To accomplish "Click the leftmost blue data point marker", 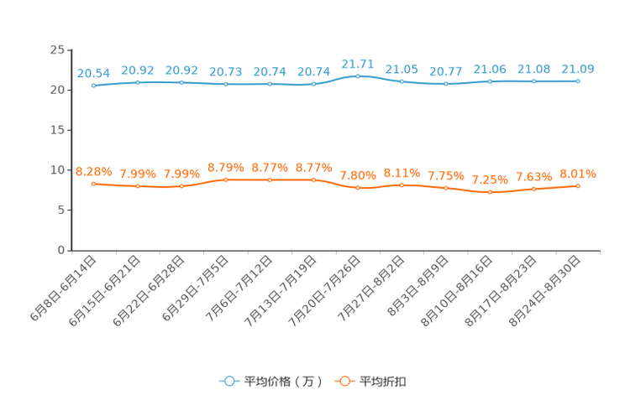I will tap(93, 85).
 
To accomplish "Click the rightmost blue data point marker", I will tap(578, 81).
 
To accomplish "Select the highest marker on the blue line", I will tap(358, 75).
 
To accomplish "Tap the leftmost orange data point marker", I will tap(93, 183).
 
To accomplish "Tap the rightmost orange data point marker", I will tap(578, 185).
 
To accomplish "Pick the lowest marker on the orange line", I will tap(490, 192).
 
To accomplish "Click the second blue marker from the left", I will tap(137, 81).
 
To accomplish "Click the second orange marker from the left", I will tap(137, 185).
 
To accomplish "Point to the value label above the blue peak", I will tap(358, 63).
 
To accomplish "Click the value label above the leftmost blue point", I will tap(93, 73).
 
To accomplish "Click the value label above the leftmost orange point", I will tap(93, 171).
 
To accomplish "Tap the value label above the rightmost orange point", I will tap(578, 174).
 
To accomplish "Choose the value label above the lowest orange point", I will tap(490, 179).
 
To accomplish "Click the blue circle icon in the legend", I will tap(228, 381).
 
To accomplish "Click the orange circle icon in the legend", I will tap(344, 381).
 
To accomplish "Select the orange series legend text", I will tap(384, 382).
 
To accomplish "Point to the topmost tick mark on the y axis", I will tap(68, 49).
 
